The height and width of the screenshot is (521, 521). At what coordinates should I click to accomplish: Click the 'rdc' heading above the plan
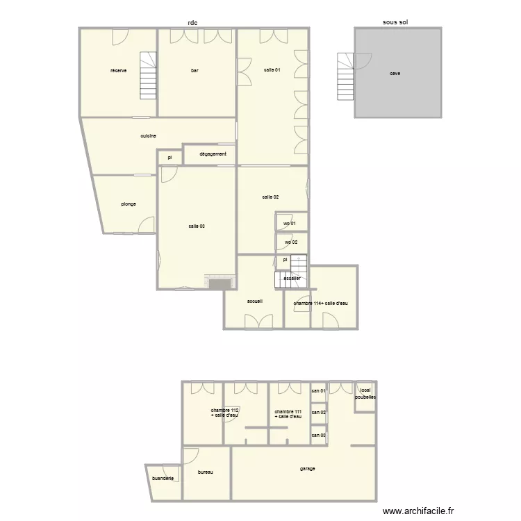click(x=192, y=22)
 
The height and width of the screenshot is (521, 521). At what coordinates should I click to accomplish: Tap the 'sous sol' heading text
click(x=395, y=22)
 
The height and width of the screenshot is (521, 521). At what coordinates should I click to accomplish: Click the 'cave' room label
click(x=395, y=73)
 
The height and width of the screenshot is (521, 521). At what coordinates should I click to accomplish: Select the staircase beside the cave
click(x=345, y=76)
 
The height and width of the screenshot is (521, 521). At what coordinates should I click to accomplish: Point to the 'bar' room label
click(x=196, y=70)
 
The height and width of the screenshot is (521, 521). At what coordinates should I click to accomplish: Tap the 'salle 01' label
click(x=272, y=70)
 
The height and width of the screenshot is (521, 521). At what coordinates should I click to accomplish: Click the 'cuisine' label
click(x=148, y=136)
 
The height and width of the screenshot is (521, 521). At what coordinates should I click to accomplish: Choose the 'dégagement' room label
click(x=213, y=154)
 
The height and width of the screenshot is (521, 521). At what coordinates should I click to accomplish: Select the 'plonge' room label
click(x=128, y=204)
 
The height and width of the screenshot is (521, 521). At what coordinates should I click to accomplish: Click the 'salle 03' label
click(x=197, y=226)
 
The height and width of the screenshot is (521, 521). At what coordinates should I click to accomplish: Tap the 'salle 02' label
click(x=271, y=197)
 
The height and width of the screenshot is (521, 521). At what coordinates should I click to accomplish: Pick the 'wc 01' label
click(x=290, y=223)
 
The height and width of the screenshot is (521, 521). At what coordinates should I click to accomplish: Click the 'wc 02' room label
click(x=290, y=242)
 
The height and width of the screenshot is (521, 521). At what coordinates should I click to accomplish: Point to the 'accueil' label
click(x=255, y=301)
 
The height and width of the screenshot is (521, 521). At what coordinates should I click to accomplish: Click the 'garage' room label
click(x=308, y=468)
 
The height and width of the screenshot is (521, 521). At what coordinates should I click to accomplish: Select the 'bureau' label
click(x=205, y=472)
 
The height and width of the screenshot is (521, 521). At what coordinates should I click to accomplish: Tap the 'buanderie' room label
click(x=165, y=479)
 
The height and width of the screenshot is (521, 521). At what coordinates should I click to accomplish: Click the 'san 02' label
click(x=319, y=413)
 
